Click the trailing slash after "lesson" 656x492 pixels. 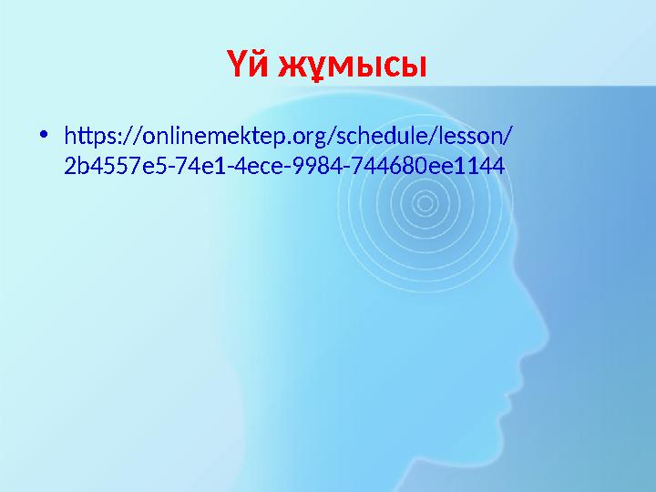click(507, 137)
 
